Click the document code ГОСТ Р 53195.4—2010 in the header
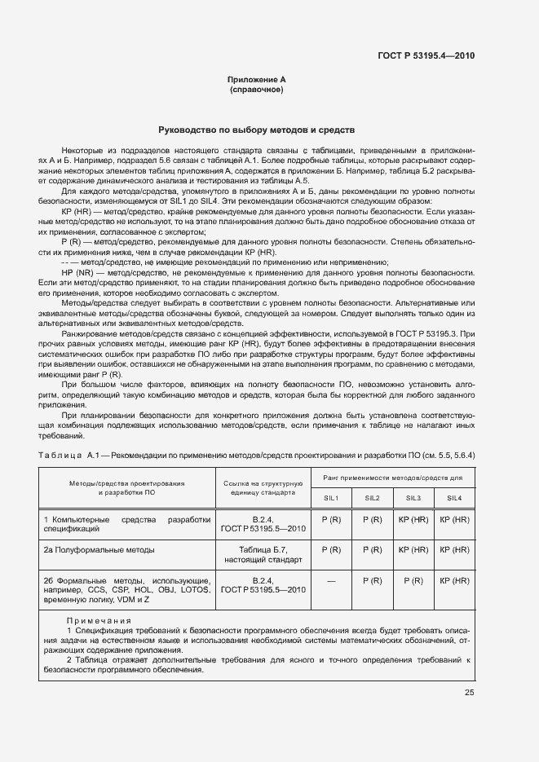point(426,56)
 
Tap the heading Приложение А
point(256,80)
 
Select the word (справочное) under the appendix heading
point(256,90)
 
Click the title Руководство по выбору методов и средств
point(256,130)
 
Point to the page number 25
point(469,693)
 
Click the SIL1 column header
point(332,498)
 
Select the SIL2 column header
point(372,498)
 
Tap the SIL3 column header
point(413,498)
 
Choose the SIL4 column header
point(453,498)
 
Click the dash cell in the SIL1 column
point(332,581)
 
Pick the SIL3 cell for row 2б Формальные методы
point(413,581)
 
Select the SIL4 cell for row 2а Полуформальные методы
point(453,550)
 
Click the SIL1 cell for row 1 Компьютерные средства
point(332,519)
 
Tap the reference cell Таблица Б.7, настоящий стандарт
point(263,555)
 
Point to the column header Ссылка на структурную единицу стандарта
point(263,488)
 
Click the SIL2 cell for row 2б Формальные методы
point(372,581)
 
